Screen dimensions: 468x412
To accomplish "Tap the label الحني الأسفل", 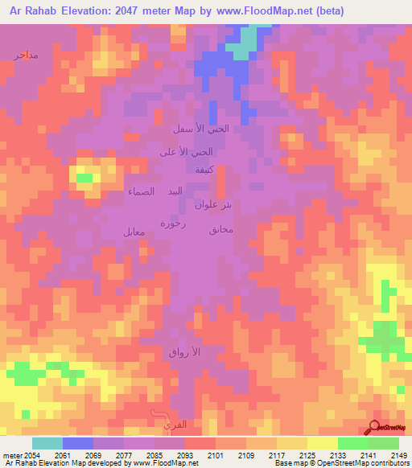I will coord(201,129).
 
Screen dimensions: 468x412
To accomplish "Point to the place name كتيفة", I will coord(204,170).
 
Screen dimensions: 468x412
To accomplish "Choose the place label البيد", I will coord(175,191).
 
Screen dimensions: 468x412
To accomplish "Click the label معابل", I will coord(134,232).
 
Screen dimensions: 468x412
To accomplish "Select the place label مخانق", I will coord(220,231).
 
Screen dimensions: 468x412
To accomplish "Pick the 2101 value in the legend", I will coord(215,455).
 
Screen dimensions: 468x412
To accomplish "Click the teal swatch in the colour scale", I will coord(47,443).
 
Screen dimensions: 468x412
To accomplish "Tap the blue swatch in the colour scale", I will coord(77,443).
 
